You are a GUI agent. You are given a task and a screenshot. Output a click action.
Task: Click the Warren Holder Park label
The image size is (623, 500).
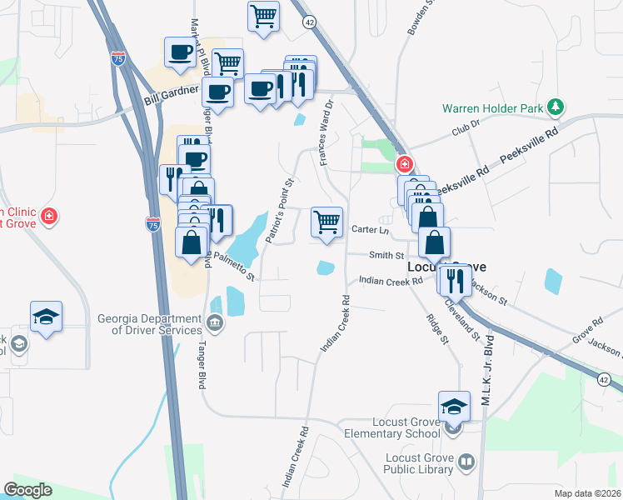pyautogui.click(x=492, y=107)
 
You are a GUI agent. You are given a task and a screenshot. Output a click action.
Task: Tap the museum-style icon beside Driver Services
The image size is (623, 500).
pyautogui.click(x=216, y=322)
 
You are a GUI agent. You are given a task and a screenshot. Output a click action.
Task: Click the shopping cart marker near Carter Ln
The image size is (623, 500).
pyautogui.click(x=326, y=222)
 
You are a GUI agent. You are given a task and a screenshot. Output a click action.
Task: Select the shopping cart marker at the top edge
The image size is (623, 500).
pyautogui.click(x=263, y=16)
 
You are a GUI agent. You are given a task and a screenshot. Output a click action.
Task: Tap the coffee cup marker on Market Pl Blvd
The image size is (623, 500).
pyautogui.click(x=179, y=53)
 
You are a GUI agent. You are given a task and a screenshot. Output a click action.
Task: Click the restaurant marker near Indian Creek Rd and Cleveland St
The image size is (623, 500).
pyautogui.click(x=455, y=279)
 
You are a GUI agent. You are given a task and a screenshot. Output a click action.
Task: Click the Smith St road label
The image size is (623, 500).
pyautogui.click(x=386, y=255)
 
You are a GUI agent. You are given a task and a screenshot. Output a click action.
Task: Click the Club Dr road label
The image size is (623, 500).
pyautogui.click(x=466, y=127)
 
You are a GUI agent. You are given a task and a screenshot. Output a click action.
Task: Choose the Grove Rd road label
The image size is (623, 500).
pyautogui.click(x=586, y=322)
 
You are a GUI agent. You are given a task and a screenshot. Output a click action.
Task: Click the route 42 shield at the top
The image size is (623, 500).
pyautogui.click(x=309, y=21)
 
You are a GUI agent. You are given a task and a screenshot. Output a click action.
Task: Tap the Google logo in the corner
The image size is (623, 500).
pyautogui.click(x=27, y=490)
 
